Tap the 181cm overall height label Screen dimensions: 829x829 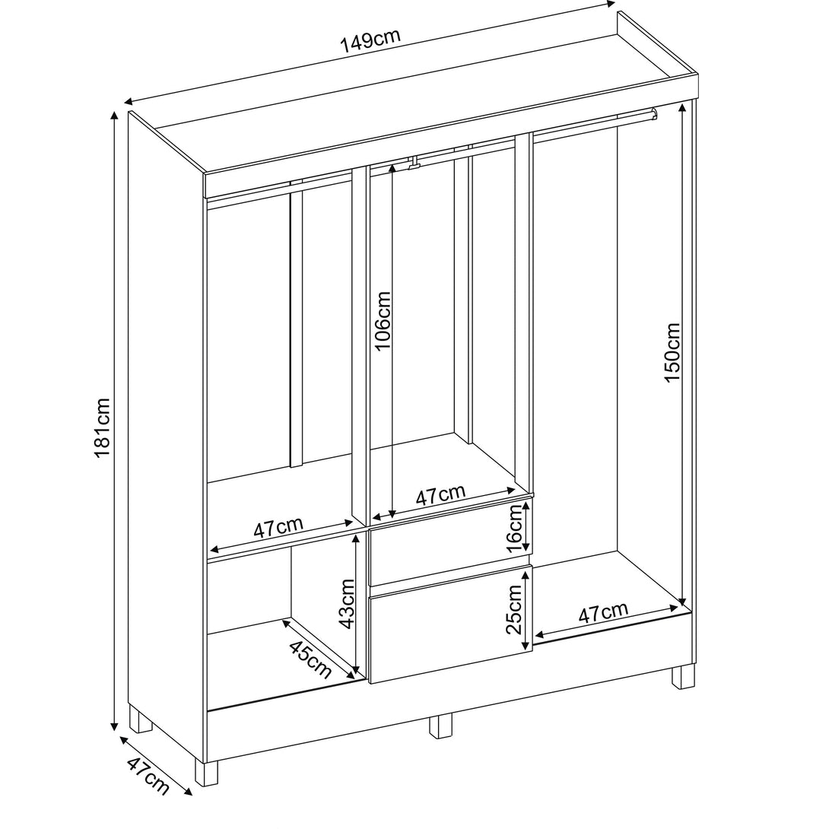tap(101, 428)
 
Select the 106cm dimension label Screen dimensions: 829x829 tap(382, 320)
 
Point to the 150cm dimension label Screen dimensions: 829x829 tap(672, 352)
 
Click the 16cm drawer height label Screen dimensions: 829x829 tap(514, 529)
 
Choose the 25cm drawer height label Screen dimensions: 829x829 tap(514, 609)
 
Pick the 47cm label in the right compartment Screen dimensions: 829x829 tap(603, 613)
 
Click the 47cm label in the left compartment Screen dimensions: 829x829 tap(278, 527)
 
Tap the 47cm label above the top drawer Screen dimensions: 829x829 tap(440, 494)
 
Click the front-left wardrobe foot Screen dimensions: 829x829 tap(206, 773)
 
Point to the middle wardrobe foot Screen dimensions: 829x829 tap(441, 726)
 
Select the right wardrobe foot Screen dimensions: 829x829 tap(683, 677)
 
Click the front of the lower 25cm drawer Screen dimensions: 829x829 tap(450, 624)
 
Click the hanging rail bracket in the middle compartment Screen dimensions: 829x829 tap(414, 162)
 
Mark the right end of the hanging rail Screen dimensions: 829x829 tap(654, 113)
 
